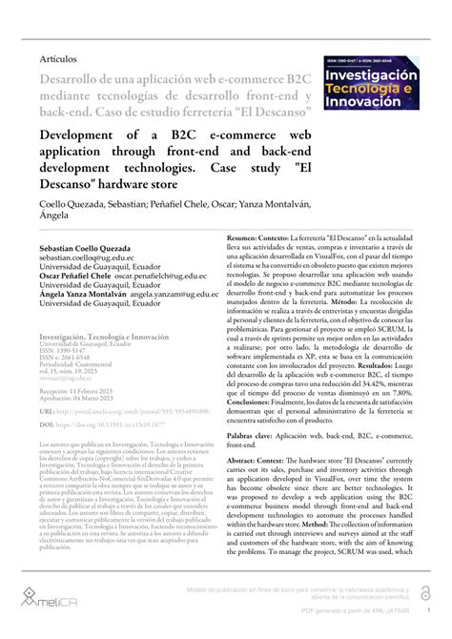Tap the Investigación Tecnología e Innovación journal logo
(x=375, y=85)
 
